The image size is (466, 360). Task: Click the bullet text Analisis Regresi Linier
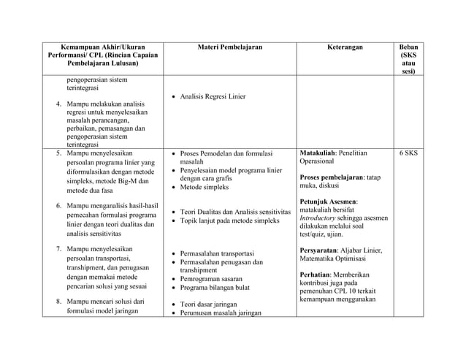coord(213,96)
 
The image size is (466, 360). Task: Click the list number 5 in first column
coord(58,154)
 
